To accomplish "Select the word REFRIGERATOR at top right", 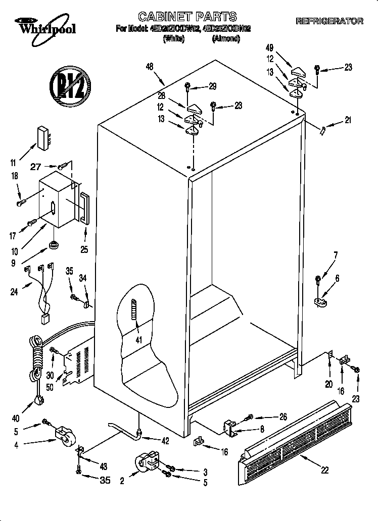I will [329, 21].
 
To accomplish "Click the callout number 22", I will [325, 470].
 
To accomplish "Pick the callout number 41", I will [137, 339].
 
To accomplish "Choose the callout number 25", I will [85, 248].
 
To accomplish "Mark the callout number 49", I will [269, 48].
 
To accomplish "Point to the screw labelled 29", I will [187, 87].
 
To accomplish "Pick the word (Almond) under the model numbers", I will [225, 38].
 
